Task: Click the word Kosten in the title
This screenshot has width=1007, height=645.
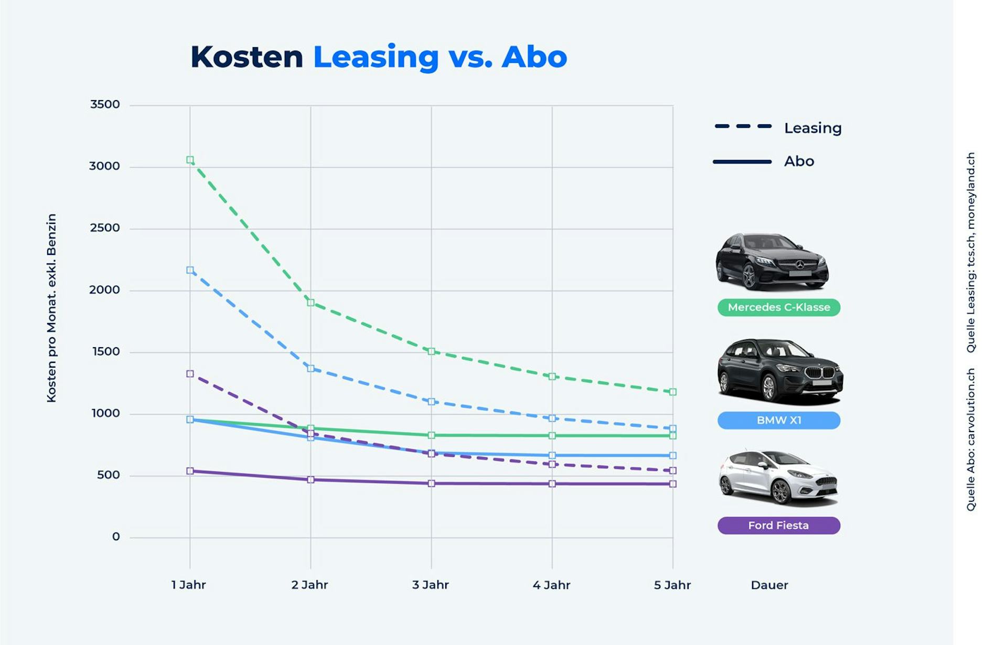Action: click(x=247, y=57)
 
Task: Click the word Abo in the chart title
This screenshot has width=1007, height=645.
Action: click(x=534, y=57)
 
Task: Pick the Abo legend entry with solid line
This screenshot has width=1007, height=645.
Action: click(x=764, y=161)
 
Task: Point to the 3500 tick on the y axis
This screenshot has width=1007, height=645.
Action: click(x=105, y=104)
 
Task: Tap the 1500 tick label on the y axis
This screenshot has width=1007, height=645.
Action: click(x=106, y=351)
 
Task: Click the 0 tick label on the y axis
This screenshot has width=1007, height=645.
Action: click(x=116, y=536)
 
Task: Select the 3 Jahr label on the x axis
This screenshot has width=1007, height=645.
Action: click(x=431, y=585)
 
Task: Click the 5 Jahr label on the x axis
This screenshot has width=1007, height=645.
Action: click(x=672, y=585)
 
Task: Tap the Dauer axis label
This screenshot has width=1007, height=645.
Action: click(x=769, y=585)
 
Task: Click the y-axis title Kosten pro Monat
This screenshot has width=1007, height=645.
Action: click(x=51, y=308)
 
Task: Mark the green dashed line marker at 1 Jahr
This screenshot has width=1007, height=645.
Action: click(x=190, y=160)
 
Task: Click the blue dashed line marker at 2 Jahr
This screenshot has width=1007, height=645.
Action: click(x=310, y=369)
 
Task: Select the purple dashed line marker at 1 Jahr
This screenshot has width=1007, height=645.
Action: click(x=190, y=374)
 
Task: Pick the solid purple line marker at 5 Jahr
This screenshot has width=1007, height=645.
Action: click(x=673, y=484)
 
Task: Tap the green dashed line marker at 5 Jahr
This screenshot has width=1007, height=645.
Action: click(x=673, y=392)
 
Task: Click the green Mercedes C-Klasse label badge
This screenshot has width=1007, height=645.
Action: click(x=779, y=307)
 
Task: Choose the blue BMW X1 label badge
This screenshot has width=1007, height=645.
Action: click(x=779, y=420)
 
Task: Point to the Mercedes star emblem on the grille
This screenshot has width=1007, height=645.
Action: click(x=800, y=264)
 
